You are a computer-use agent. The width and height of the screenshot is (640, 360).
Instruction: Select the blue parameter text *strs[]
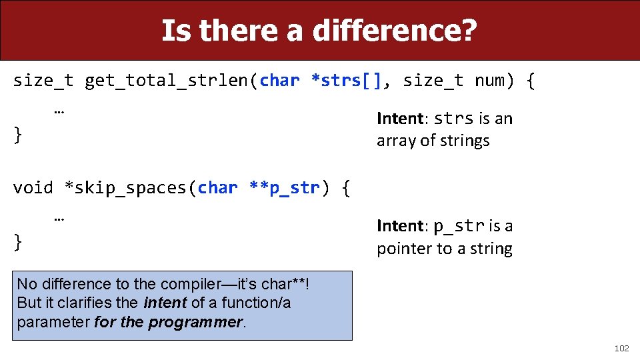pyautogui.click(x=346, y=81)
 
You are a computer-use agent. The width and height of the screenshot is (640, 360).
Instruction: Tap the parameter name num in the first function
pyautogui.click(x=489, y=81)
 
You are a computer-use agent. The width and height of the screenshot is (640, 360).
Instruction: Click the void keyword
pyautogui.click(x=33, y=188)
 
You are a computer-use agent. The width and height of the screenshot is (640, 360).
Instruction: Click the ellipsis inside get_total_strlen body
pyautogui.click(x=59, y=109)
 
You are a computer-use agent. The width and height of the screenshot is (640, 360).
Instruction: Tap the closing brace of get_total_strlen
pyautogui.click(x=18, y=135)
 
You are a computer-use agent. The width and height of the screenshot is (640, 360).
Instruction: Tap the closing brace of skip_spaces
pyautogui.click(x=18, y=242)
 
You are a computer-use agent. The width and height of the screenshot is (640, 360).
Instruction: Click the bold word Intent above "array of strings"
pyautogui.click(x=399, y=119)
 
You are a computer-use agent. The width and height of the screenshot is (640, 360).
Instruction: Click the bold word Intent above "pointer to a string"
pyautogui.click(x=399, y=226)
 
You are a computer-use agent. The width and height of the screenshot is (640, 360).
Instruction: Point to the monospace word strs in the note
pyautogui.click(x=453, y=119)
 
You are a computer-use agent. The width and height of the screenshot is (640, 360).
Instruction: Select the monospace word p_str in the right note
pyautogui.click(x=459, y=226)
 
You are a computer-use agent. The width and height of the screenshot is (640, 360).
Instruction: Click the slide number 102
pyautogui.click(x=621, y=348)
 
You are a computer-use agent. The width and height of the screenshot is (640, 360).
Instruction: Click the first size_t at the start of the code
pyautogui.click(x=43, y=81)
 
